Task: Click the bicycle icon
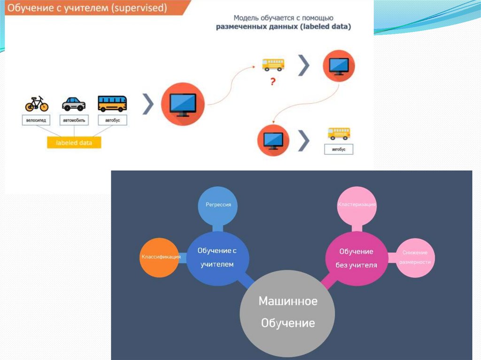pyautogui.click(x=37, y=103)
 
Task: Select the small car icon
pyautogui.click(x=74, y=104)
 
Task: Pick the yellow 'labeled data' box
pyautogui.click(x=74, y=143)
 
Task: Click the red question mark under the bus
pyautogui.click(x=272, y=81)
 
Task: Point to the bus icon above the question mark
pyautogui.click(x=273, y=65)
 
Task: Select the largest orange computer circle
pyautogui.click(x=183, y=104)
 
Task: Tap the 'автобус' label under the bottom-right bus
pyautogui.click(x=339, y=149)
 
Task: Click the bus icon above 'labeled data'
pyautogui.click(x=112, y=103)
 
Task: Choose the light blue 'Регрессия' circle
pyautogui.click(x=218, y=205)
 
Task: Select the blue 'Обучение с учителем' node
pyautogui.click(x=217, y=258)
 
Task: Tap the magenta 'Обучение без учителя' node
pyautogui.click(x=356, y=258)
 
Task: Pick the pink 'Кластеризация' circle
pyautogui.click(x=357, y=205)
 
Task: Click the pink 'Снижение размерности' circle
pyautogui.click(x=415, y=257)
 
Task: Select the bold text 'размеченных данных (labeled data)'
pyautogui.click(x=283, y=27)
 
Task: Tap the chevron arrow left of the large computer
pyautogui.click(x=148, y=104)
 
